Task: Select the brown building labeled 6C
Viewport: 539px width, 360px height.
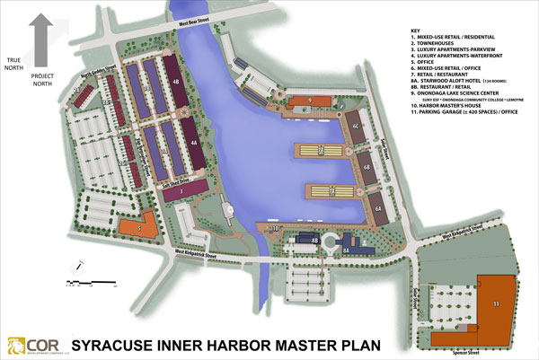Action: (356, 127)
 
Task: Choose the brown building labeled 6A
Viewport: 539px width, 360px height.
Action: (379, 208)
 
